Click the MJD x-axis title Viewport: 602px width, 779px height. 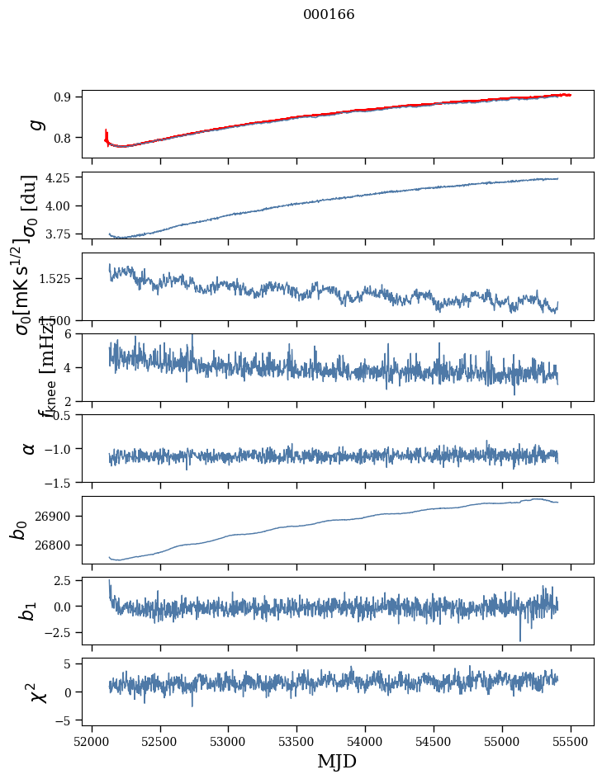337,761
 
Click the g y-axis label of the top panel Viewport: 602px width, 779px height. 33,124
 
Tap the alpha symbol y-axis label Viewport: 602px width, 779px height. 29,448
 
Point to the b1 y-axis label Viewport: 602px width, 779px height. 29,611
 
